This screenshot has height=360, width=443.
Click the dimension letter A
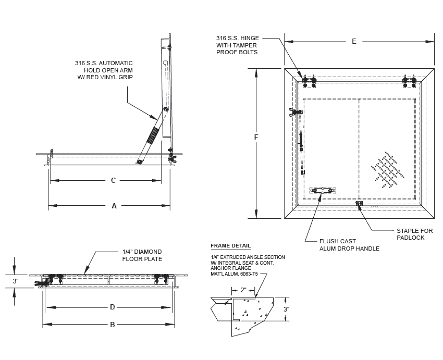114,206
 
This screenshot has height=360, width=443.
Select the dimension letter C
113,180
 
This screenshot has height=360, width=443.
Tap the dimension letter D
112,307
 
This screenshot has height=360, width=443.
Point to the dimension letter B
112,325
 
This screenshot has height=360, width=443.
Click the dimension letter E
354,42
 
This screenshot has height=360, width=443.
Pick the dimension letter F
256,137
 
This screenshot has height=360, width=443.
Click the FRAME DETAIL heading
230,246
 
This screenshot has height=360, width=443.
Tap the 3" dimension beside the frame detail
286,309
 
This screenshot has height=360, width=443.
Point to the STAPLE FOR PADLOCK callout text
414,234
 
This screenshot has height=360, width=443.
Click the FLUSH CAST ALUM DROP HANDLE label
349,245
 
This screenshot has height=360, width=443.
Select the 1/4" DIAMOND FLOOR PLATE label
142,255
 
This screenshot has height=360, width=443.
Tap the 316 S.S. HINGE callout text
237,45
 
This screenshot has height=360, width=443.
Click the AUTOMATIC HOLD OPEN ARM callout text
104,70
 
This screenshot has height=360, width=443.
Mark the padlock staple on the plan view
359,203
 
